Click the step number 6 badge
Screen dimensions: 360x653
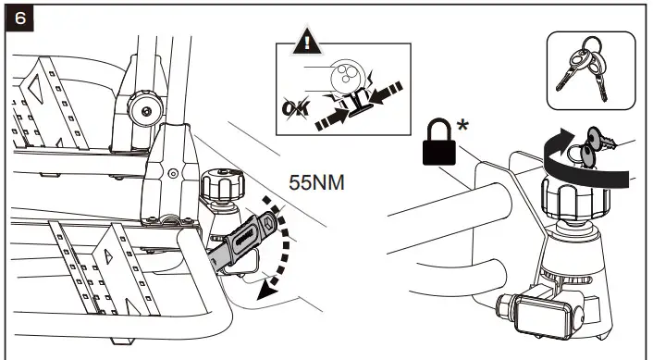(x=17, y=18)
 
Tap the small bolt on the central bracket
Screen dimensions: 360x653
(x=172, y=172)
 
